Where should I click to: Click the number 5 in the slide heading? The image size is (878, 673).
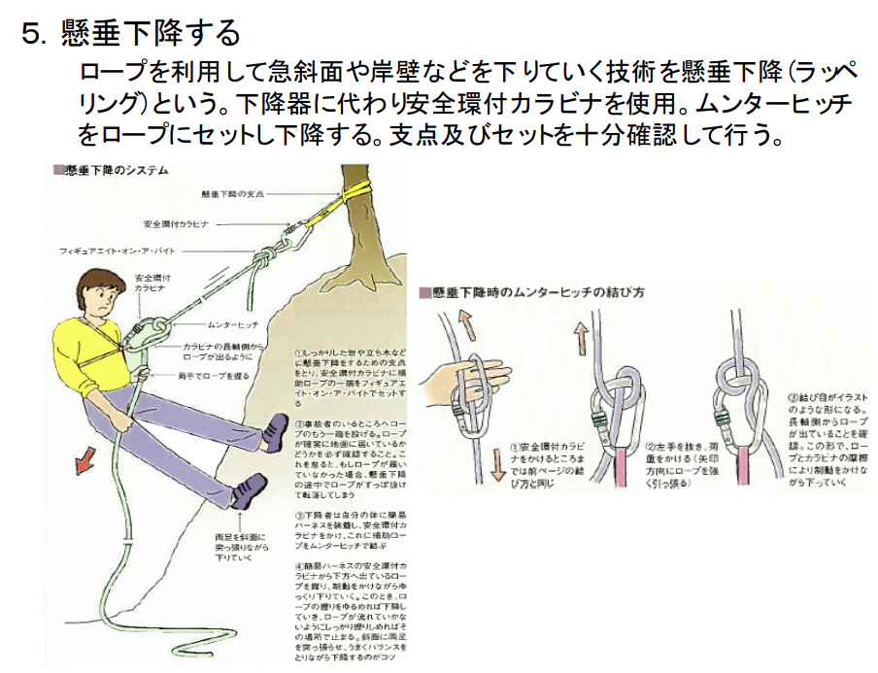(x=32, y=34)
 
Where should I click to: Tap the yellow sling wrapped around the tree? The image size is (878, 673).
(x=355, y=188)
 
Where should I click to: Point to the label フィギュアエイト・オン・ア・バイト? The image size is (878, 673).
(x=113, y=251)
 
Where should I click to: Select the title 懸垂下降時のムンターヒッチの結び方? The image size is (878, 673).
(x=538, y=291)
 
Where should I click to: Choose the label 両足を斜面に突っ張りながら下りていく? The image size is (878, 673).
(x=238, y=547)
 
